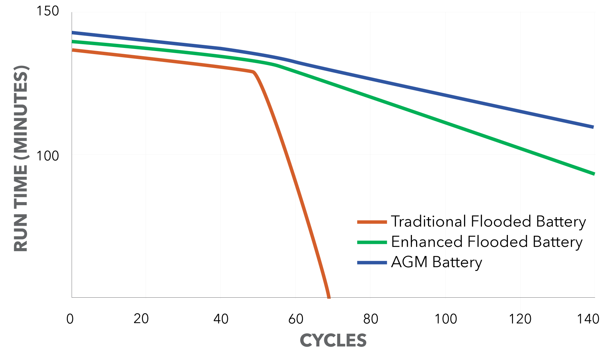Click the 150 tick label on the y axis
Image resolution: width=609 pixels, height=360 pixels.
[48, 11]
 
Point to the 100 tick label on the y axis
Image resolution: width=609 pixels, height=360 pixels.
[48, 156]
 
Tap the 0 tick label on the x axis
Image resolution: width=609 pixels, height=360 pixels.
[70, 319]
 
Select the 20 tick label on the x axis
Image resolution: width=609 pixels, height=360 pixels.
[141, 319]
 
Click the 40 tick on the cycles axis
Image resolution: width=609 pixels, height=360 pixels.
[221, 319]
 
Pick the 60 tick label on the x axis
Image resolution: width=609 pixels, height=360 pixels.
[296, 319]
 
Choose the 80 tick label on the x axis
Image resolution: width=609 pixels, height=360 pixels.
[370, 319]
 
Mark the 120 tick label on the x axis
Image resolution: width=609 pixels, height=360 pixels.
[520, 319]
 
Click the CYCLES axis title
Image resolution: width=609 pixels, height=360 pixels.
[333, 340]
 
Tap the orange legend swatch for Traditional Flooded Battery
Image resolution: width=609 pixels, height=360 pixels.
[372, 222]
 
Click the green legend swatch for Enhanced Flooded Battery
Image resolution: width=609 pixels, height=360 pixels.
[372, 242]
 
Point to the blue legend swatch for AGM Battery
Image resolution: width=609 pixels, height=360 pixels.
[372, 263]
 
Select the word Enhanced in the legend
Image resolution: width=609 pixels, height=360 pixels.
[427, 242]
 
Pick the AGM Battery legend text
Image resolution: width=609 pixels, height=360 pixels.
[436, 262]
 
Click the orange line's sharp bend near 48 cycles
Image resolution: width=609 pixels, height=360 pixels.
[253, 72]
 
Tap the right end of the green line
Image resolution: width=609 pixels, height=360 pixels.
[594, 174]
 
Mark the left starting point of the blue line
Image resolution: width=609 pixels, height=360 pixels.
[73, 33]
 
